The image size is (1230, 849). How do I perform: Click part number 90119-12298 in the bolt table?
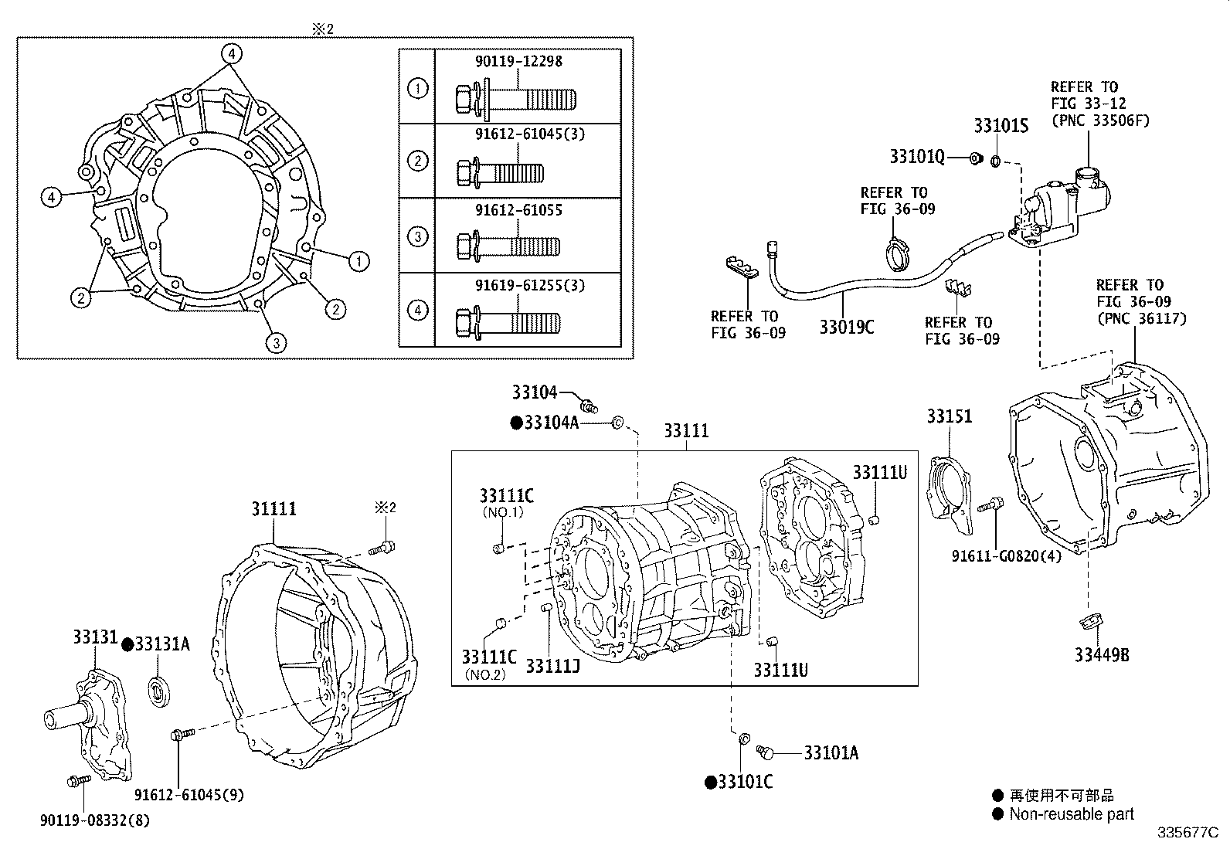click(518, 61)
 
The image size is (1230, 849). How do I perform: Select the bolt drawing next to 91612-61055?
click(508, 247)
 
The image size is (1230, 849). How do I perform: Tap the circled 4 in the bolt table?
click(417, 311)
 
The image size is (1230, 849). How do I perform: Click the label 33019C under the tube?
click(846, 328)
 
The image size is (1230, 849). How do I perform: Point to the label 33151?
click(950, 417)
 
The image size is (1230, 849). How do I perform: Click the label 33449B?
click(1102, 655)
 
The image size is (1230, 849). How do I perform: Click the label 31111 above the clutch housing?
click(274, 509)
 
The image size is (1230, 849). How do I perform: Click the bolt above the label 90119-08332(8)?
click(78, 781)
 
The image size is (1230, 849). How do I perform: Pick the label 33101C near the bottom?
click(745, 783)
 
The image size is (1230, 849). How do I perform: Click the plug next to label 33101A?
click(766, 751)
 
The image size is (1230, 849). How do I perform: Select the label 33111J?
click(553, 665)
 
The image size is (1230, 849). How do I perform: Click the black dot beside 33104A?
click(516, 423)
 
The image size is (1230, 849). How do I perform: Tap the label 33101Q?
click(916, 157)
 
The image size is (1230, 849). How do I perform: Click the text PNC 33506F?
click(1099, 120)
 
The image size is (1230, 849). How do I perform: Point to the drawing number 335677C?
click(1187, 833)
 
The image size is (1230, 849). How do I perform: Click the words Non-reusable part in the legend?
click(1072, 813)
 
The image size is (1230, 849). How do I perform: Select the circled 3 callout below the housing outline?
click(276, 344)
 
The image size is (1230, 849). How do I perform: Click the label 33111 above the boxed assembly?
click(685, 431)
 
